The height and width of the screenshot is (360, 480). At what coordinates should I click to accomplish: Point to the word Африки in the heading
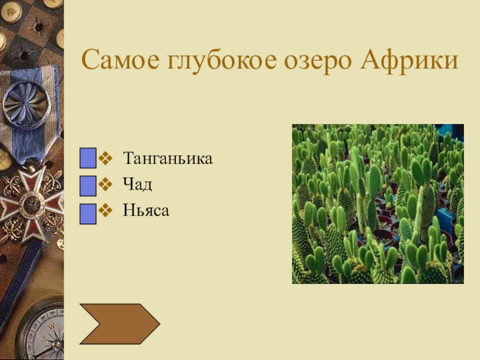[409, 61]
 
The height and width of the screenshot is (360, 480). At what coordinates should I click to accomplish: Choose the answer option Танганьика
[168, 158]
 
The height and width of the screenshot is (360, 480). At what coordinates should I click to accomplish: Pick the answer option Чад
[137, 184]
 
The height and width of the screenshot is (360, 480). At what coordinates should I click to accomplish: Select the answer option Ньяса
[146, 211]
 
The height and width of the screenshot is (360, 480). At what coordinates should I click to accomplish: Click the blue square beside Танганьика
[88, 158]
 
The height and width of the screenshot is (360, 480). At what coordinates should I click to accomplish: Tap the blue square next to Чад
[88, 186]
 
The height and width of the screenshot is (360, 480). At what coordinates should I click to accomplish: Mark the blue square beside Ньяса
[88, 214]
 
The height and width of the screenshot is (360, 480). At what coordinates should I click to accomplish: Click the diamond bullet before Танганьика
[106, 158]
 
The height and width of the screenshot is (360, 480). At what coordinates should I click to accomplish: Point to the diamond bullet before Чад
[106, 185]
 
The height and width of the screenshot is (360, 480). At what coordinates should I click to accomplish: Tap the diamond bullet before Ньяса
[106, 211]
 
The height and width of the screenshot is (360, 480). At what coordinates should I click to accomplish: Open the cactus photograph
[378, 204]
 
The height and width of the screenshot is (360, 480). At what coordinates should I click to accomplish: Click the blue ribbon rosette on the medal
[27, 104]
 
